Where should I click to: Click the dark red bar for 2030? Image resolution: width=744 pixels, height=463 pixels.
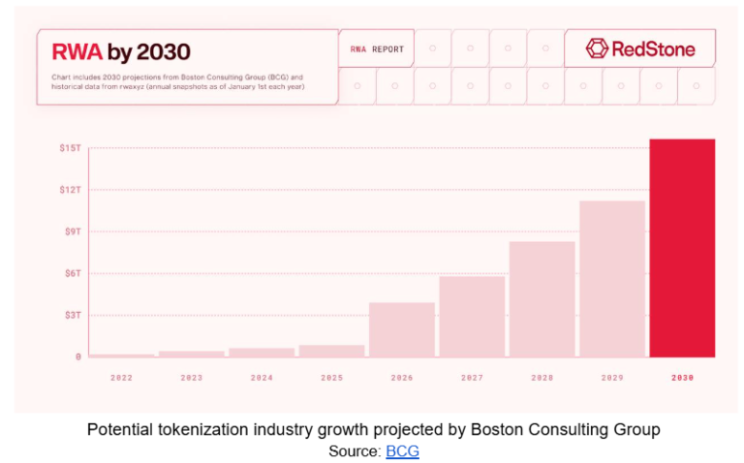pos(682,248)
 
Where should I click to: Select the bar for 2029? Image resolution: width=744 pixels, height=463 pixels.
pos(612,279)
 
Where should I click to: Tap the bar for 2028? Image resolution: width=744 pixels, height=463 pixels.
pos(542,299)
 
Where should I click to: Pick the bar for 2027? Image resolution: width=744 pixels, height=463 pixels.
pos(472,317)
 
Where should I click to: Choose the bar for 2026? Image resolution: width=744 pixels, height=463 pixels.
pos(401,329)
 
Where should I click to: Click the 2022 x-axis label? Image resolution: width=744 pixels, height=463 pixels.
pos(121,377)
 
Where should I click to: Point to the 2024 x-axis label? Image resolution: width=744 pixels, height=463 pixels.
pos(262,377)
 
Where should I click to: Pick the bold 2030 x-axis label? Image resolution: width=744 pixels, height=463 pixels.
pos(682,377)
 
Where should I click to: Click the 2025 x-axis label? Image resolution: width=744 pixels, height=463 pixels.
pos(331,377)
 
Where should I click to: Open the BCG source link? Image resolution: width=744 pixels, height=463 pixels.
pos(402,450)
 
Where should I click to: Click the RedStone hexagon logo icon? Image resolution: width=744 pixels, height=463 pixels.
pos(597,48)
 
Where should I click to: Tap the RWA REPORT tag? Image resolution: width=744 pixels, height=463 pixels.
pos(377,48)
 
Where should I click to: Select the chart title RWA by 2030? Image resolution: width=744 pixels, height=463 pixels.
pos(121,51)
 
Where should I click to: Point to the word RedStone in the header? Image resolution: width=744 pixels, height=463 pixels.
pos(653,48)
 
